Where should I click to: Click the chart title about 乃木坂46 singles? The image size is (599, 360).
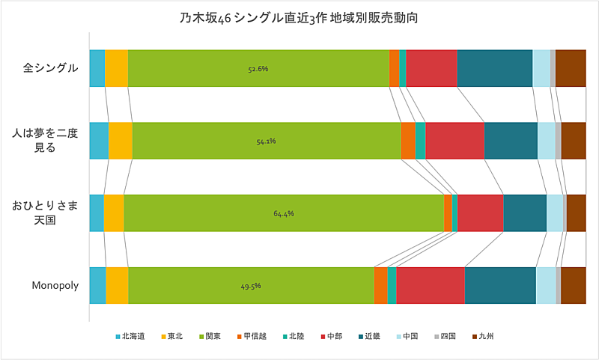pyautogui.click(x=299, y=16)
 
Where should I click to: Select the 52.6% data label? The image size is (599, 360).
pyautogui.click(x=258, y=69)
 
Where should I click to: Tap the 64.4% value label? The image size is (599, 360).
pyautogui.click(x=284, y=213)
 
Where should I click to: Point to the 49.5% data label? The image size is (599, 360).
pyautogui.click(x=250, y=286)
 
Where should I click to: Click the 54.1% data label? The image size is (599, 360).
pyautogui.click(x=267, y=141)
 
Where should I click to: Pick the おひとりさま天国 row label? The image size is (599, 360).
pyautogui.click(x=44, y=213)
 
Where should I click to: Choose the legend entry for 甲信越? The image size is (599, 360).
pyautogui.click(x=252, y=336)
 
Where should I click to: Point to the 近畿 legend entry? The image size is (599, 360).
pyautogui.click(x=371, y=336)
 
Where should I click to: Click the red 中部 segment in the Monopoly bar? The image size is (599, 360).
pyautogui.click(x=431, y=285)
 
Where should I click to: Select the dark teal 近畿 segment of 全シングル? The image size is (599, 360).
pyautogui.click(x=494, y=68)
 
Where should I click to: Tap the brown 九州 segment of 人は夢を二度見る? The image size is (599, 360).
pyautogui.click(x=573, y=141)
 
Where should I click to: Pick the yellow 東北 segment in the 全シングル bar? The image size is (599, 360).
pyautogui.click(x=116, y=68)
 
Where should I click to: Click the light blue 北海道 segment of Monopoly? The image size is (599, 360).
pyautogui.click(x=97, y=285)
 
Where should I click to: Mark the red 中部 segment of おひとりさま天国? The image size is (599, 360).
pyautogui.click(x=480, y=213)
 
